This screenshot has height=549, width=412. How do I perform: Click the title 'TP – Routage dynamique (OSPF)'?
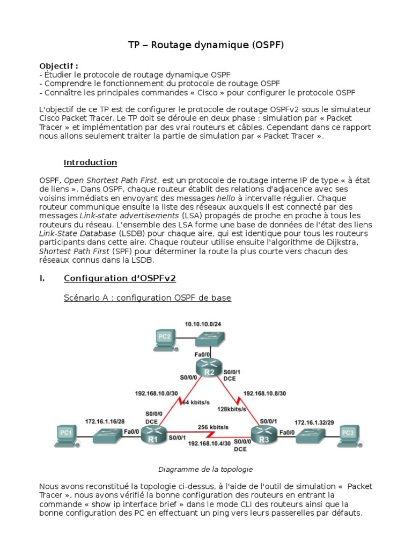pos(205,46)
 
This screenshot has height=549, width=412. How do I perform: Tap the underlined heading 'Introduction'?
pos(90,162)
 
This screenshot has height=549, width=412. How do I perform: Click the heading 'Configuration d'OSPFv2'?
pos(120,278)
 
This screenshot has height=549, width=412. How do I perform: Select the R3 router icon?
pos(262,435)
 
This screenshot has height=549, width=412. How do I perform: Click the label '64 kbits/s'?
pos(196,402)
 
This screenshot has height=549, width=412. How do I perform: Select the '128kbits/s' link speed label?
pos(230,409)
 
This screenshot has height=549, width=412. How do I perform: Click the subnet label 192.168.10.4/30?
pos(209,444)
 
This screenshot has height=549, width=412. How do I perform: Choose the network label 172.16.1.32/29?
pos(310,423)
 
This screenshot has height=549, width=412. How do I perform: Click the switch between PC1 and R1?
pos(110,435)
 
